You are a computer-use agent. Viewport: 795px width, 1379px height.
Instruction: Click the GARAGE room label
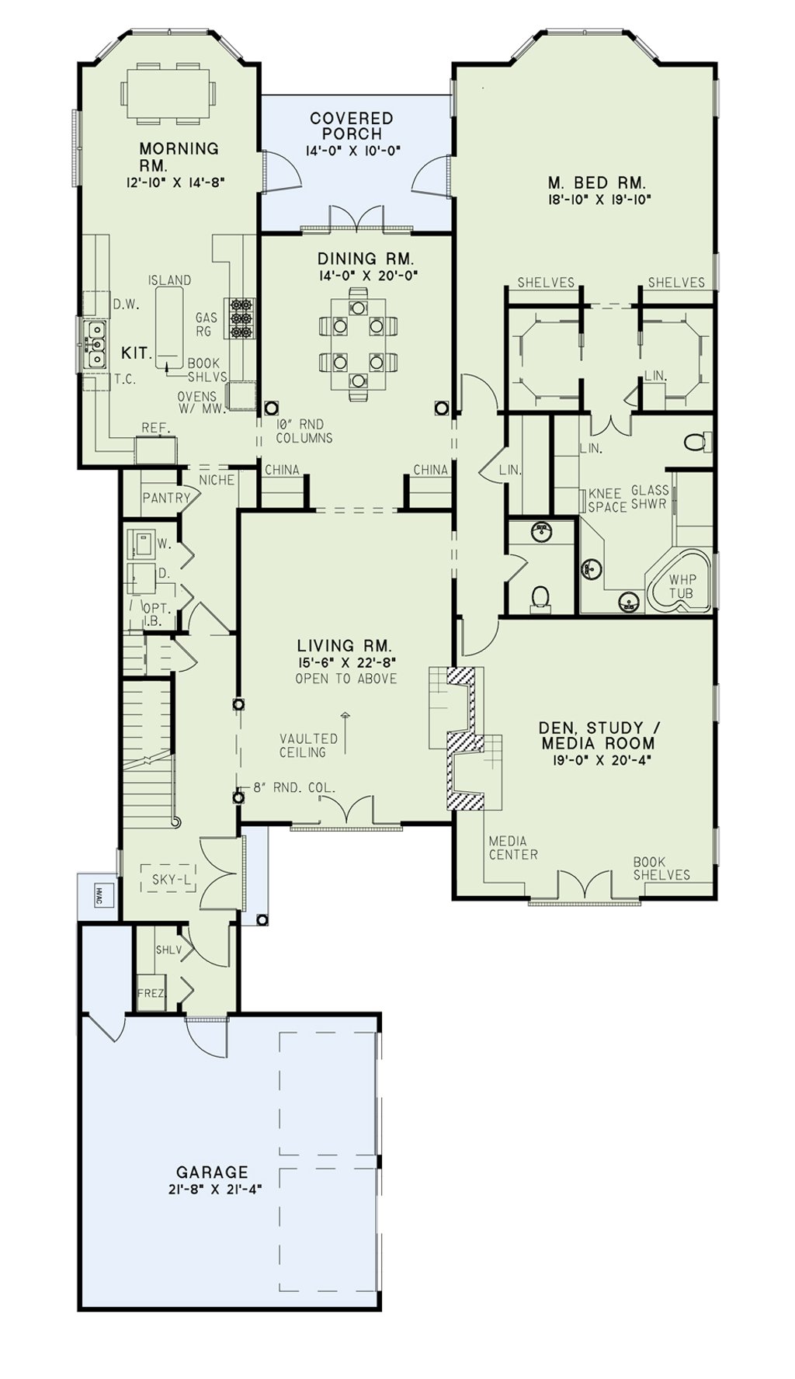point(212,1172)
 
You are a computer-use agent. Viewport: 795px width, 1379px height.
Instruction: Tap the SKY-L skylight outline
point(168,879)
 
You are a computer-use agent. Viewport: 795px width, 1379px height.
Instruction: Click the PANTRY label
point(166,498)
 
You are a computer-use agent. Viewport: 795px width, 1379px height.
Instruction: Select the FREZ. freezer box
point(151,992)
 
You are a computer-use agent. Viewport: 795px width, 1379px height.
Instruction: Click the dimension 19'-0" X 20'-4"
point(596,761)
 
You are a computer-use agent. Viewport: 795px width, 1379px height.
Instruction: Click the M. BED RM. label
point(597,183)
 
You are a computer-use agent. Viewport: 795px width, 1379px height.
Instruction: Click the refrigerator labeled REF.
point(156,449)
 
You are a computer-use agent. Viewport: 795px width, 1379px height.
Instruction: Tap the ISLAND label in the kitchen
point(169,280)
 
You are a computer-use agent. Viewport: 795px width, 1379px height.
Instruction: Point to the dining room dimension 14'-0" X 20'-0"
point(367,275)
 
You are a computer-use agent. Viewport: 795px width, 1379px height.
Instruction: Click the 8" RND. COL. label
point(295,787)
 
